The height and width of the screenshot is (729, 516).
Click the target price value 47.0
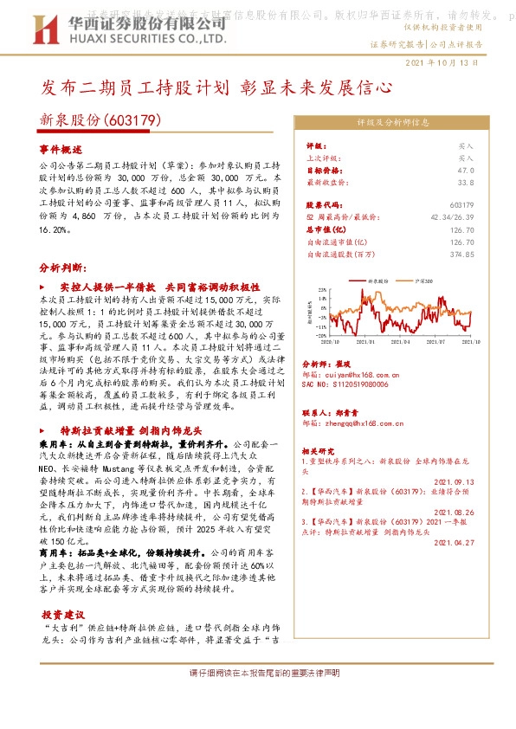tap(465, 171)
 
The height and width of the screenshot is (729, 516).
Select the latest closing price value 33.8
tap(465, 183)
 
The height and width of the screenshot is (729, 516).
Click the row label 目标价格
tap(321, 171)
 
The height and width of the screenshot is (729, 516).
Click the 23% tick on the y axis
tap(321, 290)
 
